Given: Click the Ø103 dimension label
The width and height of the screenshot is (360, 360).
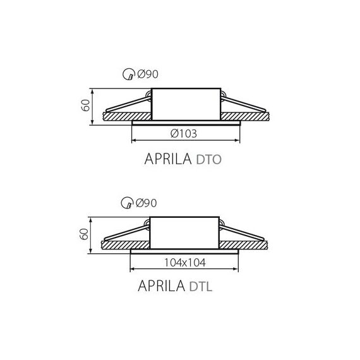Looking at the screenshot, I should tap(184, 134).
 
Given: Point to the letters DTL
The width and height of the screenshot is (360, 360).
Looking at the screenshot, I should tap(201, 289).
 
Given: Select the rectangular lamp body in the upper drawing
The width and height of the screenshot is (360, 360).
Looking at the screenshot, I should tap(184, 104).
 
